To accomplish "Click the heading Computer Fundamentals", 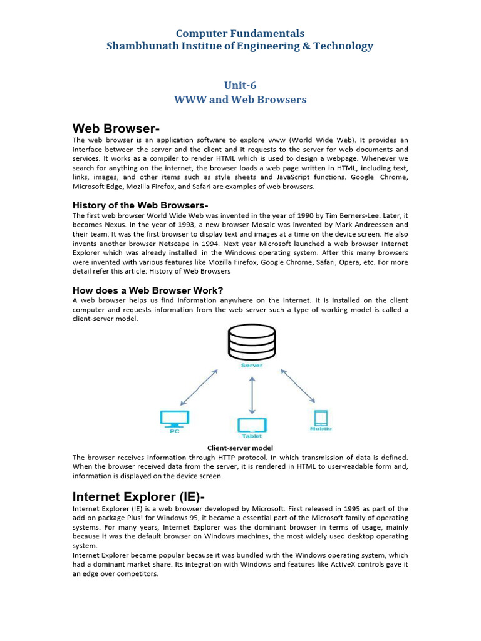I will tap(240, 33).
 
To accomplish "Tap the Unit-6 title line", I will tap(240, 85).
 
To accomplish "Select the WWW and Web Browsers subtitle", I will tap(240, 100).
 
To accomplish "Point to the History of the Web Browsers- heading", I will tap(140, 205).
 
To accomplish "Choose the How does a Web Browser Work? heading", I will tap(148, 290).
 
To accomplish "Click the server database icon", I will tap(252, 342).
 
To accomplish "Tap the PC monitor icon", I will tap(175, 418).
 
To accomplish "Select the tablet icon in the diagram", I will tap(252, 426).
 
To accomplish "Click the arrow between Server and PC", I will tap(199, 387).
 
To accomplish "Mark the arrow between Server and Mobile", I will tap(298, 385).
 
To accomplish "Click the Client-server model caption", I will tap(240, 448).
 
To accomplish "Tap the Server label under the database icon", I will tap(252, 365).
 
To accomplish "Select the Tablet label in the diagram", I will tap(252, 436).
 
